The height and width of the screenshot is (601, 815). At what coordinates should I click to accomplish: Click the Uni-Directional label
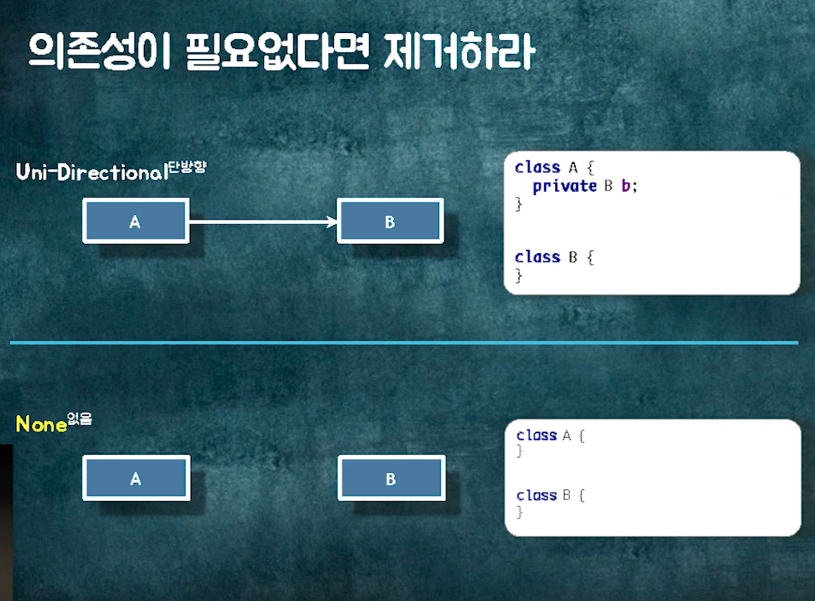[x=92, y=173]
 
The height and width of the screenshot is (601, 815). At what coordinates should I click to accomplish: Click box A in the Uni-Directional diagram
[x=135, y=222]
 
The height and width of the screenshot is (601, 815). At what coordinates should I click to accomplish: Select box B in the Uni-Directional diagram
[x=390, y=222]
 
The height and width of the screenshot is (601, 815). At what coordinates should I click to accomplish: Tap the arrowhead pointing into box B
[x=332, y=222]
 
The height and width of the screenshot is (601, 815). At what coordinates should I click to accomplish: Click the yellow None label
[x=41, y=425]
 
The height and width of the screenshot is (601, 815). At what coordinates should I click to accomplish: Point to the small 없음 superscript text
[x=79, y=418]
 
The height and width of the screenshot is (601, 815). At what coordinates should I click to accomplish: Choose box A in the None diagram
[x=136, y=478]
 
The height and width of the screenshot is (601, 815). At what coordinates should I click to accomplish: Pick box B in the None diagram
[x=391, y=478]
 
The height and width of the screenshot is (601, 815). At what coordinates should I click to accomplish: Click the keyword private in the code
[x=565, y=186]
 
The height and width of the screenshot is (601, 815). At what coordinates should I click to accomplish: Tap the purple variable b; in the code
[x=629, y=186]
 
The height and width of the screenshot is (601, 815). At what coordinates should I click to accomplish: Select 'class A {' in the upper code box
[x=554, y=168]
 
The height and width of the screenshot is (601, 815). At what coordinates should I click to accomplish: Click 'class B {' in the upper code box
[x=554, y=257]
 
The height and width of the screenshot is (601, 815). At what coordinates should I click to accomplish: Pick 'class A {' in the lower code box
[x=551, y=435]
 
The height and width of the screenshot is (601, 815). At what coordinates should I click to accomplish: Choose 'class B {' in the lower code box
[x=551, y=495]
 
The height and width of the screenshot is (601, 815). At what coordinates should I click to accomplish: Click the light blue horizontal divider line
[x=405, y=342]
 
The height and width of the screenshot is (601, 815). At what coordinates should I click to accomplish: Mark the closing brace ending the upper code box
[x=519, y=276]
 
